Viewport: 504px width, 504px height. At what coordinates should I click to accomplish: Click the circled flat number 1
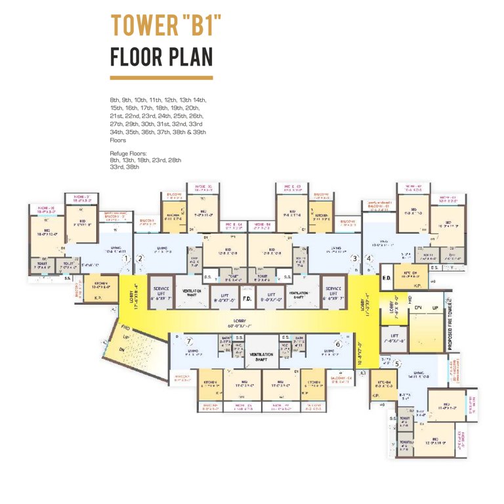(x=125, y=259)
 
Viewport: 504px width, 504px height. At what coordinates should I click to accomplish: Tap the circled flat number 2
(x=140, y=259)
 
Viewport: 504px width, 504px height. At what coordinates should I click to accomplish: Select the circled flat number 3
(x=355, y=259)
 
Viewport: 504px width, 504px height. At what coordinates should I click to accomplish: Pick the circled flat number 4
(x=369, y=259)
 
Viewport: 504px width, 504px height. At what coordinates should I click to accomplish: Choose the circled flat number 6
(x=338, y=343)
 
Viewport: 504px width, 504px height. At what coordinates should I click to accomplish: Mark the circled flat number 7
(x=190, y=341)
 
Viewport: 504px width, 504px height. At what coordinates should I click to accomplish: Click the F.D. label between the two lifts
(x=247, y=299)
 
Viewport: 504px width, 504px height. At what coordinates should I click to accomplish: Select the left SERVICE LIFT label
(x=161, y=293)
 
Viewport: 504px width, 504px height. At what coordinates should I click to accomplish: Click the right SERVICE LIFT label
(x=333, y=293)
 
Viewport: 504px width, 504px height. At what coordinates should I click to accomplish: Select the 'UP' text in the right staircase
(x=435, y=307)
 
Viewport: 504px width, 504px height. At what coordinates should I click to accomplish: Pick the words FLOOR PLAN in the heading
(x=161, y=57)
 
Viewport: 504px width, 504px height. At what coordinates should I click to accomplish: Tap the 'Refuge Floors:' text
(x=129, y=153)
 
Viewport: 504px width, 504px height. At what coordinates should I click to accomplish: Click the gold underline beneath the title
(x=161, y=77)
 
